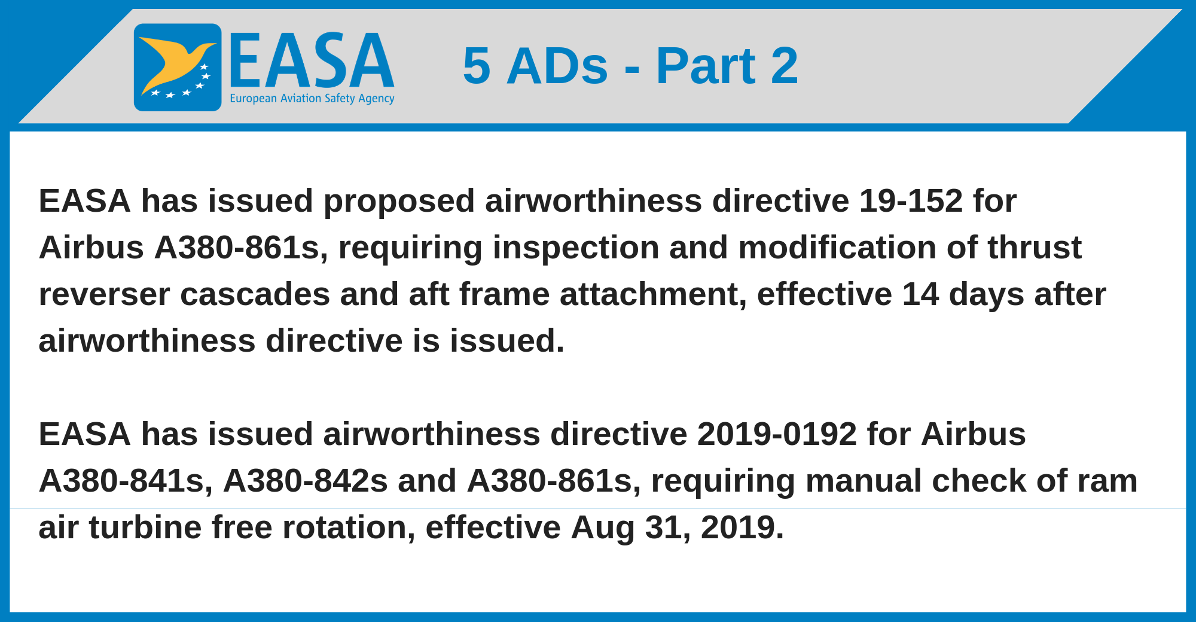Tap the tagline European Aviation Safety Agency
click(x=312, y=99)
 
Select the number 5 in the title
click(x=477, y=66)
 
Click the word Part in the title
click(x=706, y=66)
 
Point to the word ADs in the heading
click(x=557, y=66)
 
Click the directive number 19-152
click(x=911, y=200)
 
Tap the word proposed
click(x=399, y=202)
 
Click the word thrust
click(x=1034, y=247)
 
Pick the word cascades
click(x=255, y=294)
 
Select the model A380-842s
click(x=306, y=481)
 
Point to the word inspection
click(x=576, y=248)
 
